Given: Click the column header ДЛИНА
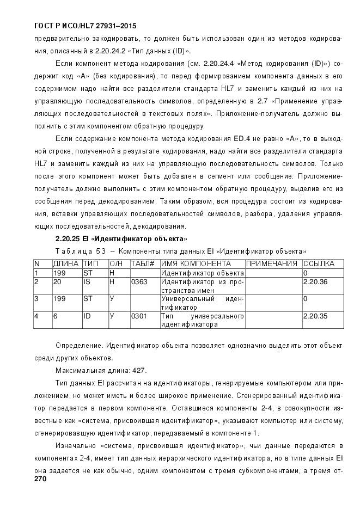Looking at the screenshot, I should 66,263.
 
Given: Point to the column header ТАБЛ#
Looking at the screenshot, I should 143,263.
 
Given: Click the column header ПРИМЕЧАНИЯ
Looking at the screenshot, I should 272,263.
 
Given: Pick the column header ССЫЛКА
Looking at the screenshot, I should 319,263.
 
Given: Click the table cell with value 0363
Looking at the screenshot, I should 139,282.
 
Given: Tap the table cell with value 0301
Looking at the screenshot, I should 139,316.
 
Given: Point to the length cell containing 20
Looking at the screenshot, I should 57,282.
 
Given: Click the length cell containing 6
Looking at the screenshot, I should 55,316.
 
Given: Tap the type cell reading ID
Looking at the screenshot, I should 87,316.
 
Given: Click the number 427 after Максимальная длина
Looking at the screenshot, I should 139,370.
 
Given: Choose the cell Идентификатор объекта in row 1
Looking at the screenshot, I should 202,273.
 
